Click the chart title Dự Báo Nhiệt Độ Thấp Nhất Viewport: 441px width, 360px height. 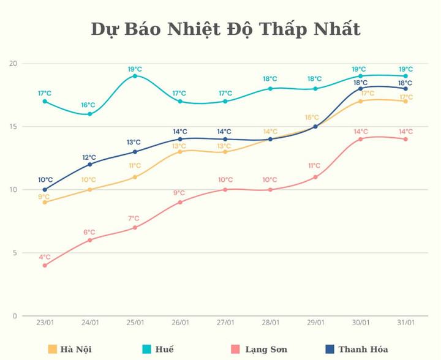pyautogui.click(x=225, y=29)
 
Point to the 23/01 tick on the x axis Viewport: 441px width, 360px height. pyautogui.click(x=45, y=323)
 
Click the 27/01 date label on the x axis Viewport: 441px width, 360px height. pyautogui.click(x=225, y=323)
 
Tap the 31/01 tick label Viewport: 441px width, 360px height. pyautogui.click(x=405, y=323)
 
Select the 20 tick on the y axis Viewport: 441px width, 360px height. pyautogui.click(x=13, y=64)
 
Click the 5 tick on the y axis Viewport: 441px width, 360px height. pyautogui.click(x=15, y=253)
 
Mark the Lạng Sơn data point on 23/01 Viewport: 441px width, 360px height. pyautogui.click(x=45, y=265)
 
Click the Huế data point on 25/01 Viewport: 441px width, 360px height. pyautogui.click(x=135, y=76)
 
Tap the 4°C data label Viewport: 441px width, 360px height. pyautogui.click(x=45, y=257)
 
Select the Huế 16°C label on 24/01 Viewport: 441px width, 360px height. pyautogui.click(x=89, y=105)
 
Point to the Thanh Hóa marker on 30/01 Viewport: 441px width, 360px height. pyautogui.click(x=360, y=89)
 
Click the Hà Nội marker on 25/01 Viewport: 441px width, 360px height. pyautogui.click(x=135, y=177)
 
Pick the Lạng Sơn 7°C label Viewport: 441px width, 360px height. pyautogui.click(x=134, y=219)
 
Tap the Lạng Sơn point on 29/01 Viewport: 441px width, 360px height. pyautogui.click(x=315, y=177)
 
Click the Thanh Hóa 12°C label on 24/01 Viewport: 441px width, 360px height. pyautogui.click(x=89, y=157)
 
